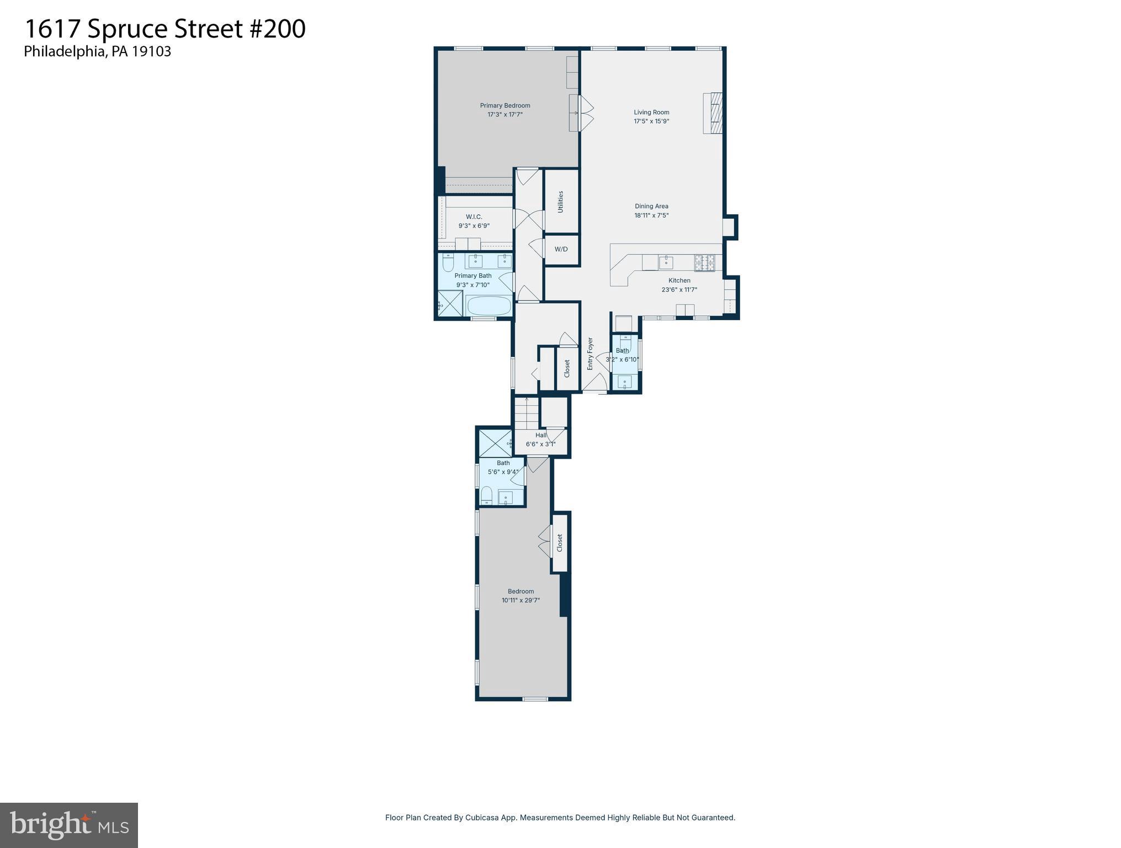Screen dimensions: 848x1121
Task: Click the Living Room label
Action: tap(651, 112)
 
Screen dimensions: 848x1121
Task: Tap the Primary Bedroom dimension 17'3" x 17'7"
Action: tap(504, 115)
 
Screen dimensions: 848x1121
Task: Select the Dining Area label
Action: tap(651, 206)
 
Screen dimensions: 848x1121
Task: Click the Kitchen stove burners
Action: tap(704, 262)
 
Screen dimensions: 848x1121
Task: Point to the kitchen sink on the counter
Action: tap(666, 262)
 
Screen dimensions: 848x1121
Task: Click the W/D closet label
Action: tap(561, 249)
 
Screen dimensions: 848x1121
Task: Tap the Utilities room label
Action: tap(561, 202)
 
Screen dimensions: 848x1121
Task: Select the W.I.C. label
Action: tap(474, 217)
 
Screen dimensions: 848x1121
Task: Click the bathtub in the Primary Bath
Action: tap(489, 306)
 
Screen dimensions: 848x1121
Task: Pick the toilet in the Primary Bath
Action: tap(448, 262)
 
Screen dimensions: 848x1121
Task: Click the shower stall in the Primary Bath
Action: tap(450, 304)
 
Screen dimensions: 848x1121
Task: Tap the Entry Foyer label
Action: tap(590, 353)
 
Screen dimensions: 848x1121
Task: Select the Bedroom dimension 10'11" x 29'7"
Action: tap(520, 600)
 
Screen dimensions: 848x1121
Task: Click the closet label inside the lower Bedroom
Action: tap(560, 542)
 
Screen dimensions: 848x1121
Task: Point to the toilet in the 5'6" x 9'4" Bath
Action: tap(486, 495)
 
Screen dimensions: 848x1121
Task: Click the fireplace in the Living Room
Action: tap(713, 113)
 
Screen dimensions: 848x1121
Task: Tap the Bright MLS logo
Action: tap(69, 825)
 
